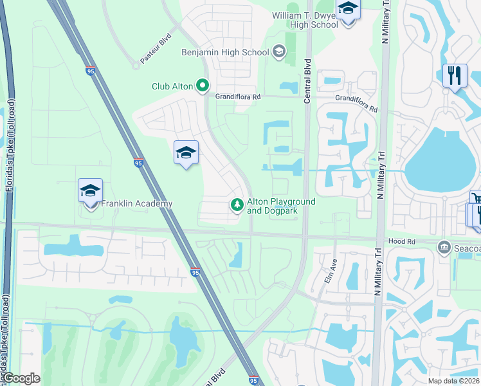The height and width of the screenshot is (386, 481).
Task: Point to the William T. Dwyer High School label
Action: click(x=305, y=20)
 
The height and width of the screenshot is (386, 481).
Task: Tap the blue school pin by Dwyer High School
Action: click(x=348, y=9)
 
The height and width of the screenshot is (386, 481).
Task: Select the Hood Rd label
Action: click(x=402, y=241)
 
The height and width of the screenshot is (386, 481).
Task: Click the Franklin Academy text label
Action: click(x=136, y=204)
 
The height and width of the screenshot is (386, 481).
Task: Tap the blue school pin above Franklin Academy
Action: click(x=91, y=190)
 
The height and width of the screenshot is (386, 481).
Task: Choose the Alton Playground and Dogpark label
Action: click(x=281, y=206)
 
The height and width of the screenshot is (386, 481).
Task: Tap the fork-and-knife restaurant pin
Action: click(x=455, y=75)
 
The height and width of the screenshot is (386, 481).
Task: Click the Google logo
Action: click(x=21, y=378)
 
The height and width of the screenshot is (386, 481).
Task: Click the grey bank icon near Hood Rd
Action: click(x=443, y=247)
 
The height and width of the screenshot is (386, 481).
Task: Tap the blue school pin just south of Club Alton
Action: click(x=186, y=152)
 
